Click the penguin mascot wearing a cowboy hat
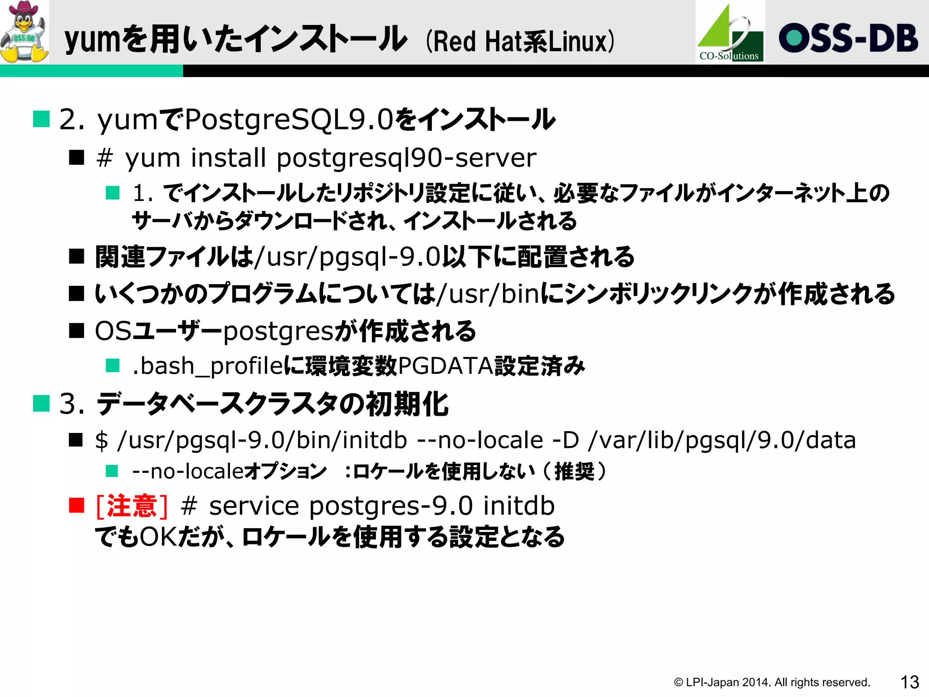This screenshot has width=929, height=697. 24,32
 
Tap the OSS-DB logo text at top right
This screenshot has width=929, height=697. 848,38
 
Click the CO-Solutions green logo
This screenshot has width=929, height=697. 730,33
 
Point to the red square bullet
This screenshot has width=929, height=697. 77,505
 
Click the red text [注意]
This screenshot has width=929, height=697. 132,506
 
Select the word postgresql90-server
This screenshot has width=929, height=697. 406,158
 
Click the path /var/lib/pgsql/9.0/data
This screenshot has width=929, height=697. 722,440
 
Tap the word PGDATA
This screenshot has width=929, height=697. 445,366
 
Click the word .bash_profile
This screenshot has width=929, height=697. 208,366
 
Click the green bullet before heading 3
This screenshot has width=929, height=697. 41,403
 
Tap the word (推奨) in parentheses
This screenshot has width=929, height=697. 574,471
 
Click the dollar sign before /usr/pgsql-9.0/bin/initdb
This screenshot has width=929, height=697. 102,440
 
